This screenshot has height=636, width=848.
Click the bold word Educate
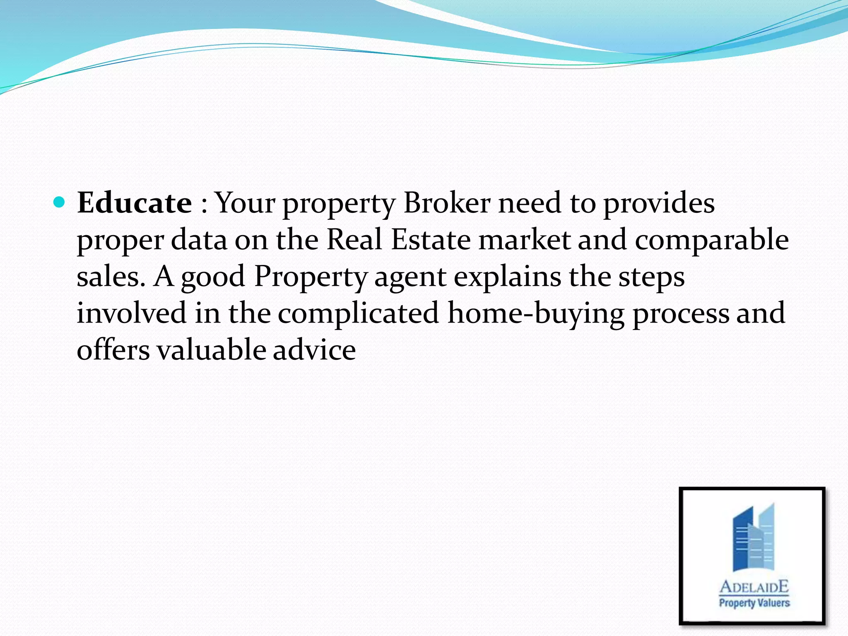point(134,203)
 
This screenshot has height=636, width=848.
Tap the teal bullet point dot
point(60,202)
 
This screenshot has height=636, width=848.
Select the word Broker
point(447,203)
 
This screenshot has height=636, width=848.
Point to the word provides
point(658,204)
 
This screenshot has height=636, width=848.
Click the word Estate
point(431,240)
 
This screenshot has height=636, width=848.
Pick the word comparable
point(711,241)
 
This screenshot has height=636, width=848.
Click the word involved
point(132,313)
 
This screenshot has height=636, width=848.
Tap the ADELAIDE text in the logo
point(754,586)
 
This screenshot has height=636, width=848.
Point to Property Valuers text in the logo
point(754,602)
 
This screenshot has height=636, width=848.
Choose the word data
point(199,240)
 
